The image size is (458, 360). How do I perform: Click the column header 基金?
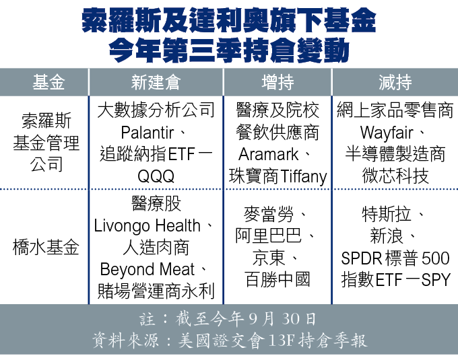pos(48,82)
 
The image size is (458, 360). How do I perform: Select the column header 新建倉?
pos(156,82)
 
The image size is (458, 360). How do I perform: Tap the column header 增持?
pos(277,82)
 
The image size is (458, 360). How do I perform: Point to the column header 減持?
pos(395,82)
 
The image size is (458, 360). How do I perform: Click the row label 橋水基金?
pos(46,247)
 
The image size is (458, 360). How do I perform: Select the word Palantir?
pos(148,133)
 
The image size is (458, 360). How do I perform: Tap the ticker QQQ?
pos(156,176)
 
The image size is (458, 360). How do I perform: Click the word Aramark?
pos(269,154)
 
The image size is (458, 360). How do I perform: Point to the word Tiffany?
pos(304,177)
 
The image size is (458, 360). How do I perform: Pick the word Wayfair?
pos(387,133)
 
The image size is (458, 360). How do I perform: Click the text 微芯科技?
pos(395,176)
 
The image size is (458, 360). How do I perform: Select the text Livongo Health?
pos(148,226)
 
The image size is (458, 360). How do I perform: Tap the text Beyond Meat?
pos(148,269)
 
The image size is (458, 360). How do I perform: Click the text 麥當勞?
pos(269,215)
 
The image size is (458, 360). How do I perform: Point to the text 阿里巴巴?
pos(269,236)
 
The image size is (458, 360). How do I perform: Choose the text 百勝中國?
pos(277,279)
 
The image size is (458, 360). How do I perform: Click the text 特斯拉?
pos(387,215)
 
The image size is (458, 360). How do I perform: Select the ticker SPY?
pos(436,280)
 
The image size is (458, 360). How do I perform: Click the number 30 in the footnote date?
pos(291,318)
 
